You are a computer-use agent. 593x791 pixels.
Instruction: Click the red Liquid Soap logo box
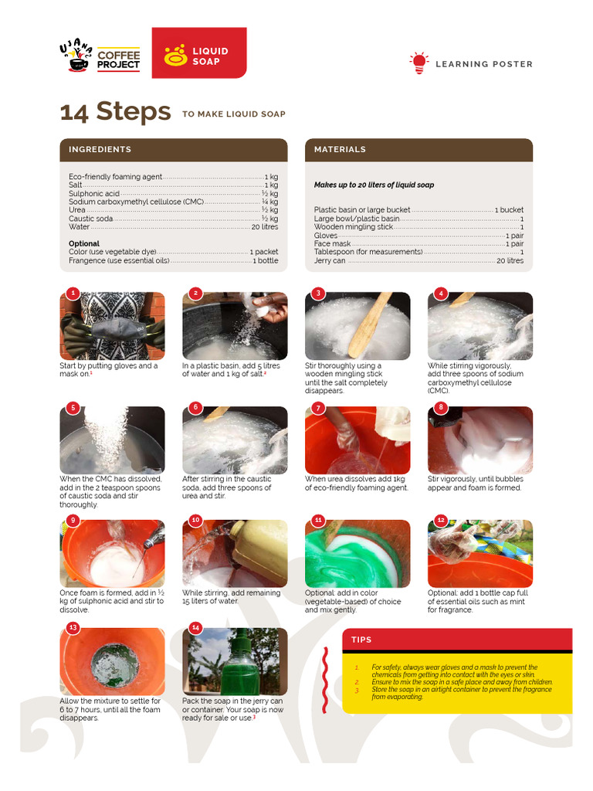[x=198, y=53]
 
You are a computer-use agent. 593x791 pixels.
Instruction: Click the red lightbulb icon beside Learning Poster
[x=418, y=63]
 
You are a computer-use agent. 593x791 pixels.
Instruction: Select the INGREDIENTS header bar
[x=173, y=150]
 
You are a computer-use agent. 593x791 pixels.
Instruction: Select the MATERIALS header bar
[x=418, y=150]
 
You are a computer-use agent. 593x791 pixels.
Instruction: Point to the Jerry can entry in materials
[x=418, y=261]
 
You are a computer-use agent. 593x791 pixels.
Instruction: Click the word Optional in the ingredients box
[x=84, y=243]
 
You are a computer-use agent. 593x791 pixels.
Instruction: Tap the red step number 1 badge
[x=73, y=294]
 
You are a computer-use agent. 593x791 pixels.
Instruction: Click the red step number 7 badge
[x=317, y=408]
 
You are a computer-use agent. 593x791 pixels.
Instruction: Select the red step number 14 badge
[x=195, y=628]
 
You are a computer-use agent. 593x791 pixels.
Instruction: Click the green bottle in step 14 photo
[x=240, y=664]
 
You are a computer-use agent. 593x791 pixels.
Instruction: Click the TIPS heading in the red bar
[x=361, y=640]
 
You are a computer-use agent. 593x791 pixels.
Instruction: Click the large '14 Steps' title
[x=115, y=112]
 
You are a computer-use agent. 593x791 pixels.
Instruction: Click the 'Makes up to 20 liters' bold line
[x=374, y=185]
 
